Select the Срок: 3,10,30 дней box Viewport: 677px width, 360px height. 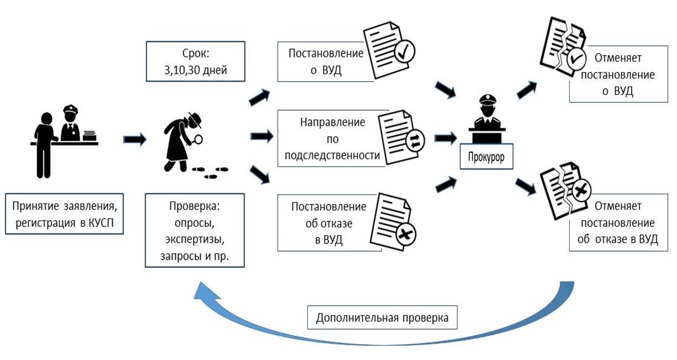click(195, 61)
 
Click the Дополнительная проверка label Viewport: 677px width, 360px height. click(382, 318)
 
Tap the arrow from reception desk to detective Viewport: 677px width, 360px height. click(134, 140)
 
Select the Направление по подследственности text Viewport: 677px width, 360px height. click(332, 139)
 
